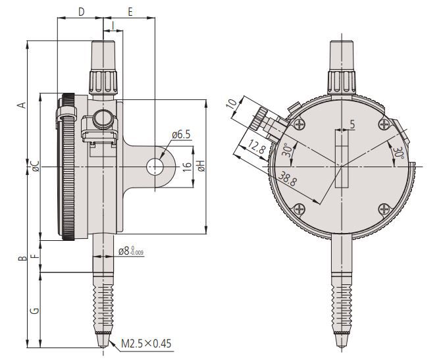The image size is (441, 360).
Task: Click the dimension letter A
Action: [22, 105]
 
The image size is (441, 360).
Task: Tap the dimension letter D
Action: [81, 11]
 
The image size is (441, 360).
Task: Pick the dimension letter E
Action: [130, 11]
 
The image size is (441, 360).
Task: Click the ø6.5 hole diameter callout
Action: [180, 135]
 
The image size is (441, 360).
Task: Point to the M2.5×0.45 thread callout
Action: [146, 343]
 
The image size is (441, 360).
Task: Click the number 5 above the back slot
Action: [351, 124]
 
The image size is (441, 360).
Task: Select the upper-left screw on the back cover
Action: [301, 125]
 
